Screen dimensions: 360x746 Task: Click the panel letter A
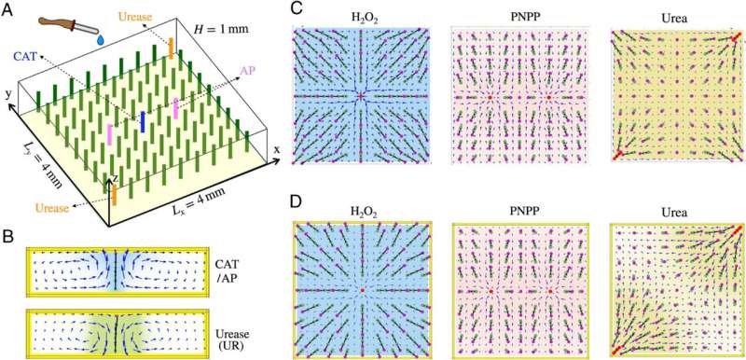8,9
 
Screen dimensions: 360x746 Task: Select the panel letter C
297,9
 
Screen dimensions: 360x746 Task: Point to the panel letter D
297,201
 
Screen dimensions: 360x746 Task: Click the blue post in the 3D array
142,121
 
